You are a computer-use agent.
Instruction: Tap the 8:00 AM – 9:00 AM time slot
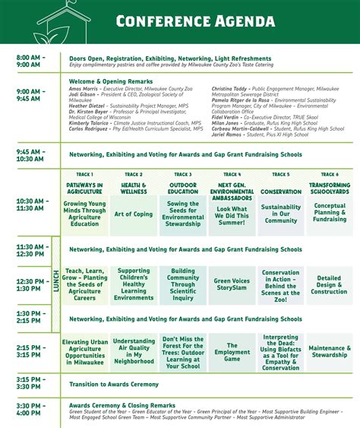[x=31, y=62]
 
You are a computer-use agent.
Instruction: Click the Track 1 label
[x=84, y=174]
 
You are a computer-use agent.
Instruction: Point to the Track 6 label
[x=330, y=174]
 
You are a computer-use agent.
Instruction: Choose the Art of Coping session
[x=134, y=214]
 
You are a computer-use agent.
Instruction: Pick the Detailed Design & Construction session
[x=330, y=284]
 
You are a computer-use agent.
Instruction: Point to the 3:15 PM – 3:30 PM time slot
[x=31, y=383]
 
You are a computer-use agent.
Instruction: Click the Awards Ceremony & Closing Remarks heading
[x=122, y=405]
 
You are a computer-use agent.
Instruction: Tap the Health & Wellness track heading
[x=134, y=189]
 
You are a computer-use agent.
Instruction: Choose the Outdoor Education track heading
[x=182, y=189]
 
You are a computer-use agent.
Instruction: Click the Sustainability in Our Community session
[x=281, y=214]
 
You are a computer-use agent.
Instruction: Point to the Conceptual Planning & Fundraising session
[x=330, y=214]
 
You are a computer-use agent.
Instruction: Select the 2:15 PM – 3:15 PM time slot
[x=31, y=350]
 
